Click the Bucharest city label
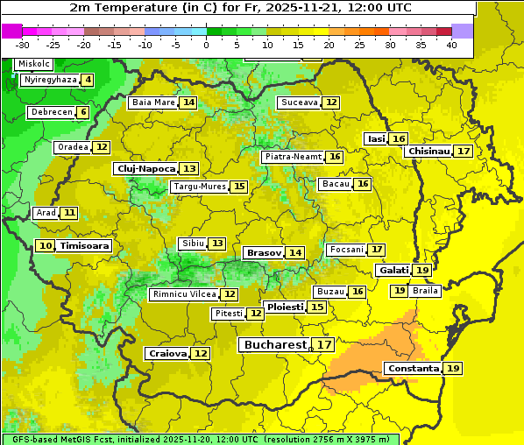click(x=275, y=345)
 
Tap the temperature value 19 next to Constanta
click(x=453, y=368)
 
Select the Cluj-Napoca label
click(x=145, y=168)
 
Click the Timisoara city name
click(x=85, y=246)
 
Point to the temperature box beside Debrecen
click(x=82, y=112)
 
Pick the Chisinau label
click(x=428, y=151)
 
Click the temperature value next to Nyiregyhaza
click(x=88, y=80)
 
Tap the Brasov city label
click(x=264, y=252)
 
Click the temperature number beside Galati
click(x=422, y=271)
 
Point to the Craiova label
click(x=167, y=353)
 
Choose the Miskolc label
click(x=34, y=64)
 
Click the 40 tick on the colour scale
click(x=451, y=44)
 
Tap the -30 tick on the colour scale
click(x=23, y=44)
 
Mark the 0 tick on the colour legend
click(x=206, y=44)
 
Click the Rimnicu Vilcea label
click(x=183, y=294)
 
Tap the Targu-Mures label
click(x=199, y=187)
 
